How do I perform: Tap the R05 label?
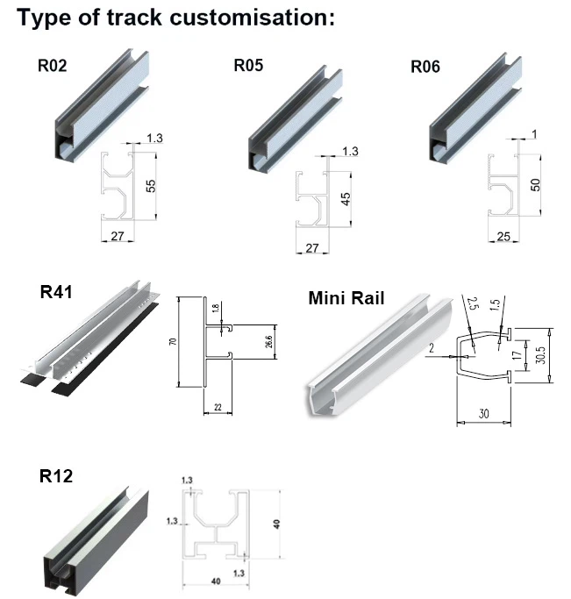[248, 64]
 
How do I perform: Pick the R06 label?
[427, 64]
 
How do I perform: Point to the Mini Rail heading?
[346, 297]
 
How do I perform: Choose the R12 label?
[56, 476]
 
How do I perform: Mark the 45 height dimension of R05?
[345, 197]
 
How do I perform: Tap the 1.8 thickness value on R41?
[216, 310]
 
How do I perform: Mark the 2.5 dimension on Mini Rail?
[471, 305]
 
